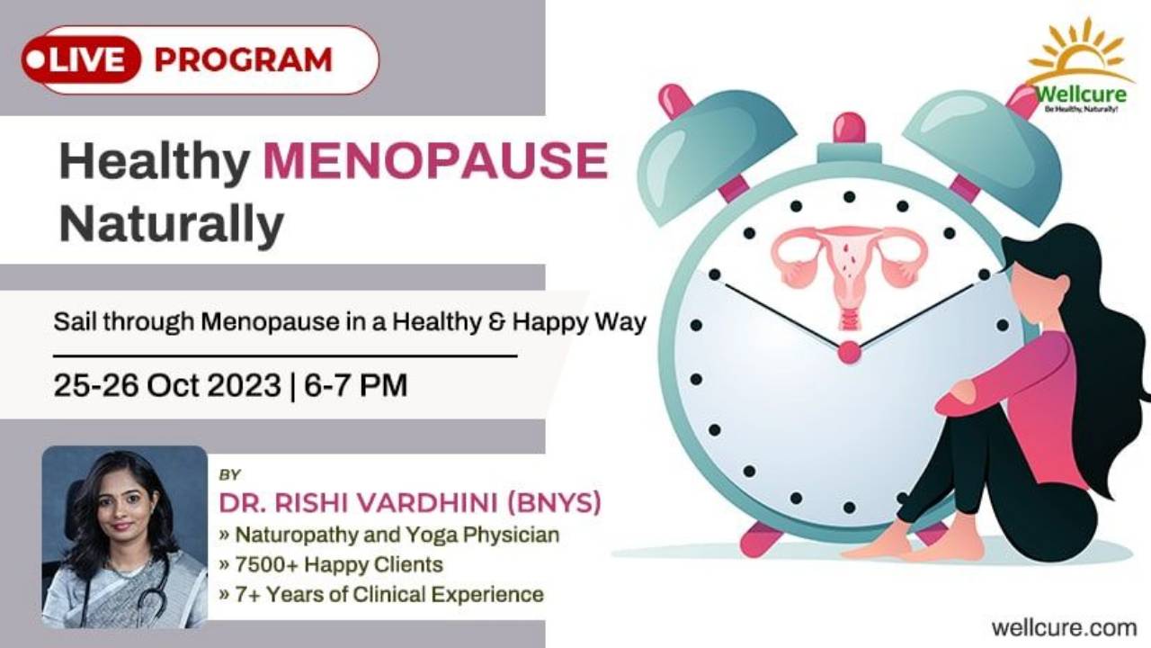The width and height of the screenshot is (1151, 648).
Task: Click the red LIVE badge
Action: pyautogui.click(x=82, y=60)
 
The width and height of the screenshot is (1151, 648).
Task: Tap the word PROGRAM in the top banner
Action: pyautogui.click(x=243, y=60)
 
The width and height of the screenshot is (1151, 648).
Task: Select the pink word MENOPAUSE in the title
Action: pyautogui.click(x=435, y=162)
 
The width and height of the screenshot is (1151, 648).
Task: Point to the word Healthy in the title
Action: pyautogui.click(x=154, y=162)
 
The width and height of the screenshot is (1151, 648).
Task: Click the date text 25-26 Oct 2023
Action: pyautogui.click(x=166, y=385)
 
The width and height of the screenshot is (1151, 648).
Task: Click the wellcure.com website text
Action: pyautogui.click(x=1064, y=625)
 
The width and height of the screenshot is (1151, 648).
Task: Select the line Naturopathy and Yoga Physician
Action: pyautogui.click(x=396, y=535)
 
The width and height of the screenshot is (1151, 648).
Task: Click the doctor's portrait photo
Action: pyautogui.click(x=124, y=536)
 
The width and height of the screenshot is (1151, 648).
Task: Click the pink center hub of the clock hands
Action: pyautogui.click(x=849, y=352)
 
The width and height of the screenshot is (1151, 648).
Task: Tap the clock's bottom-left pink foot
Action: pyautogui.click(x=761, y=538)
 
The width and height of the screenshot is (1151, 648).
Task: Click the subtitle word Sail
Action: pyautogui.click(x=73, y=322)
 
